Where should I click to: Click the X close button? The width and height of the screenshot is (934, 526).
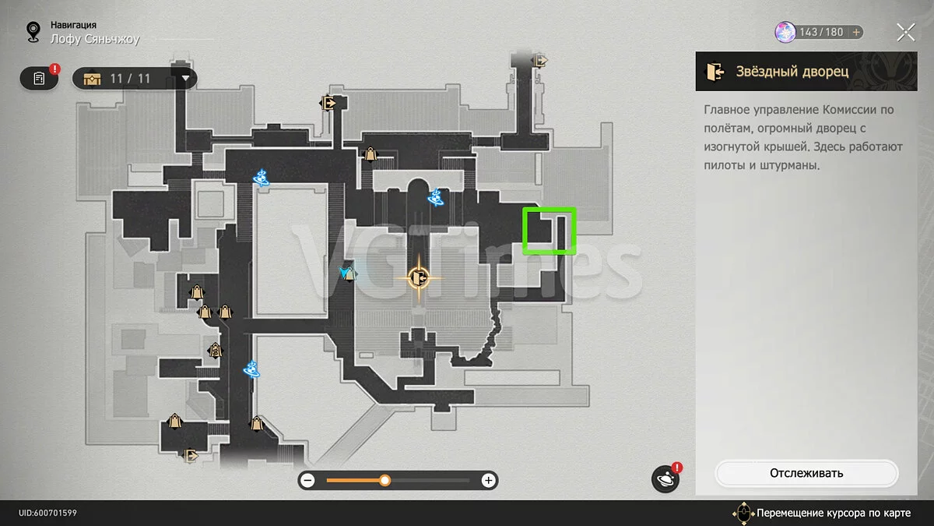[906, 33]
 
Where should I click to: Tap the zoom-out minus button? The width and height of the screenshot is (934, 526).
[307, 481]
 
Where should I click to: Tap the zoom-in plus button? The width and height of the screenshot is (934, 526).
[488, 481]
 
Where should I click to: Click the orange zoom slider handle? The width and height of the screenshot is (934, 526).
[384, 481]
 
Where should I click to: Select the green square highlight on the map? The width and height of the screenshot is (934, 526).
[550, 231]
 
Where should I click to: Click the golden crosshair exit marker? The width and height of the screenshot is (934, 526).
[419, 277]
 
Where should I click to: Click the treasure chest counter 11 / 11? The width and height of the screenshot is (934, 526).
[130, 79]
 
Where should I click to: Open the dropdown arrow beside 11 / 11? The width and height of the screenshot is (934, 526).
[185, 78]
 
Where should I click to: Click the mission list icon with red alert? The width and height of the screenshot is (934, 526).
[39, 78]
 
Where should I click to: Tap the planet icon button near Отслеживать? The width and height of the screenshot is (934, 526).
[665, 478]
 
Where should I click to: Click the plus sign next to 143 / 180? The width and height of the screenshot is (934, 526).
[856, 32]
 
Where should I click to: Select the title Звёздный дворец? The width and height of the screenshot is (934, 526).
[792, 72]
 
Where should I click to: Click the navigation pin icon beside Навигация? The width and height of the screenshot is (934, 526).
[33, 32]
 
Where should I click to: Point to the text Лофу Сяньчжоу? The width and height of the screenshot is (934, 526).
[95, 39]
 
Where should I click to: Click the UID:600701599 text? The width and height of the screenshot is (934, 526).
[47, 513]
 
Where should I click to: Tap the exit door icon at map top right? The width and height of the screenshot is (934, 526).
[540, 61]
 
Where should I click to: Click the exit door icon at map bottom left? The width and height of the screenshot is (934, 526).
[191, 455]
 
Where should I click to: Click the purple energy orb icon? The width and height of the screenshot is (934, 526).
[785, 32]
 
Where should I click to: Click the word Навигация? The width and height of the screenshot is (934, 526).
[73, 25]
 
